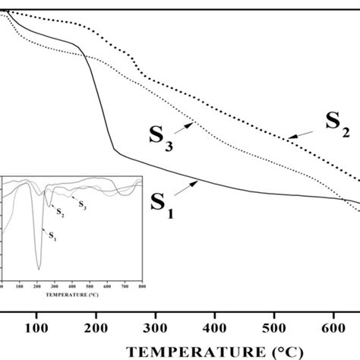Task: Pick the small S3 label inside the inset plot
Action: (83, 205)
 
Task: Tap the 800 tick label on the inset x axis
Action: (141, 286)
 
